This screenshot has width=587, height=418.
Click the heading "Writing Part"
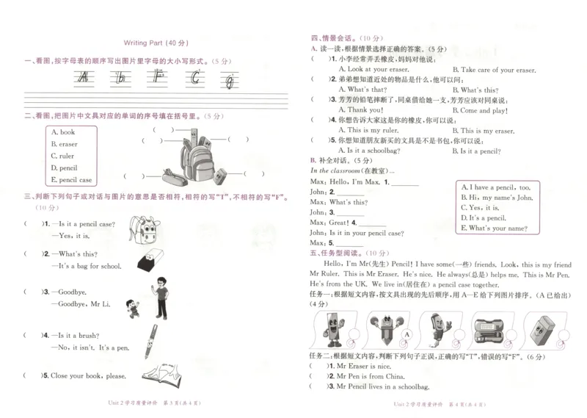tap(145, 43)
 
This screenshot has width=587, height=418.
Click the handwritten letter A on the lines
tap(85, 78)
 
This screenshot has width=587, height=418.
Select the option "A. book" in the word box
tap(62, 132)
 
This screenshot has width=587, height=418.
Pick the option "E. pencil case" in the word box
tap(71, 179)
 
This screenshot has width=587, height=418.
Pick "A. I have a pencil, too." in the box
tap(495, 187)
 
